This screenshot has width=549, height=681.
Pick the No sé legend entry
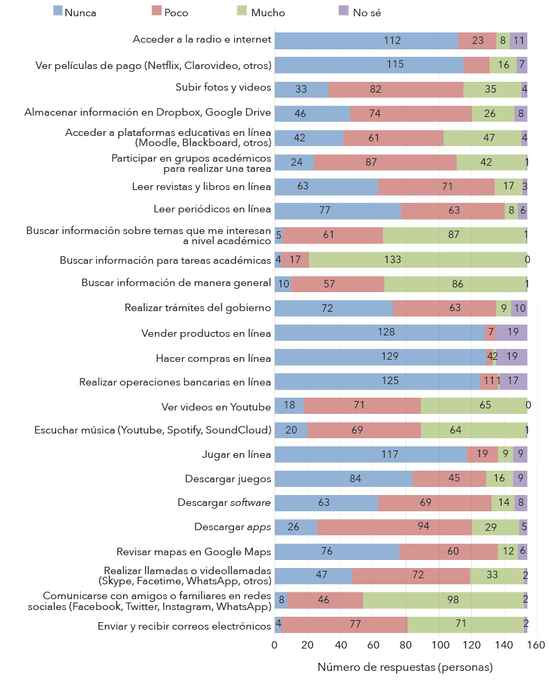pos(359,11)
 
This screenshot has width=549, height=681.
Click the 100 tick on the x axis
pos(439,644)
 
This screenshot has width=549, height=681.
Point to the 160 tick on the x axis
pos(537,644)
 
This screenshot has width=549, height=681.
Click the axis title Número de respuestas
pos(405,667)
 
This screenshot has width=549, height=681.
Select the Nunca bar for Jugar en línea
pos(371,454)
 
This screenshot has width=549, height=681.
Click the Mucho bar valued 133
pos(418,260)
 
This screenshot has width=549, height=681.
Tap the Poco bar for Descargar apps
pos(394,527)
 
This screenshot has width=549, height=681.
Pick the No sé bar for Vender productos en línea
pos(512,333)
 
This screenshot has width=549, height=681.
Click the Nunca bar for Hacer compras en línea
pos(380,357)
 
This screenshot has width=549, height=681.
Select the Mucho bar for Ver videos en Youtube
pos(474,406)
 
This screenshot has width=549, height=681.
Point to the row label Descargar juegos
pos(228,479)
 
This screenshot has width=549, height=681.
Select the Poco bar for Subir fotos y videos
pos(396,89)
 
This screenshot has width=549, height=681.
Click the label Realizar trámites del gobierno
pos(197,308)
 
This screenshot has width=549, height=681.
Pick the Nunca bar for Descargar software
pos(326,503)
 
